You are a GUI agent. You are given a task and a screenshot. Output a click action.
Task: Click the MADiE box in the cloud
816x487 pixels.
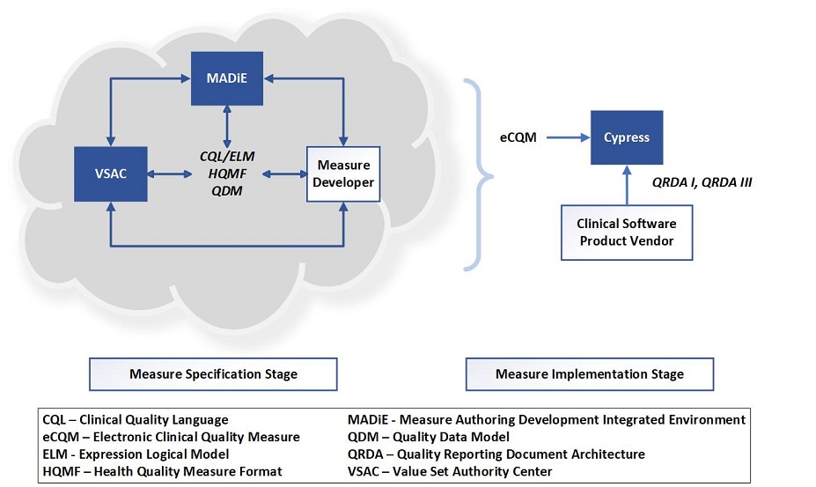click(x=227, y=77)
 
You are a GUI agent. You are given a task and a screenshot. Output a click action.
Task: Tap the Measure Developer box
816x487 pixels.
click(x=343, y=174)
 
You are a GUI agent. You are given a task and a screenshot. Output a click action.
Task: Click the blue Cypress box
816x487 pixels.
click(x=626, y=137)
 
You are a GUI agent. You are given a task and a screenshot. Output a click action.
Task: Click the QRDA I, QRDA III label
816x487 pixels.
click(x=701, y=181)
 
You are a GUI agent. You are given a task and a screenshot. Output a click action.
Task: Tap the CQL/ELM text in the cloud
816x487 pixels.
click(x=227, y=157)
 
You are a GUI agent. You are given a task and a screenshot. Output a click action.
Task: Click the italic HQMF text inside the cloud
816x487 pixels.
click(x=227, y=173)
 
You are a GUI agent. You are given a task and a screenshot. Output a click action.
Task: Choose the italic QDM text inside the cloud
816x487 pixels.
click(x=227, y=190)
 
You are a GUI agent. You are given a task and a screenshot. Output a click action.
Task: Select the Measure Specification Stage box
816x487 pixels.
click(x=213, y=373)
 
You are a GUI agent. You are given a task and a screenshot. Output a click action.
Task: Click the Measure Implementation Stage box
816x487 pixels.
click(x=589, y=373)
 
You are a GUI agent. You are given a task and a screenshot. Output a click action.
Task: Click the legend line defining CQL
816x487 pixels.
click(x=136, y=420)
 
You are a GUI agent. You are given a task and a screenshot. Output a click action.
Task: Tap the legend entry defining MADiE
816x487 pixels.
click(x=547, y=420)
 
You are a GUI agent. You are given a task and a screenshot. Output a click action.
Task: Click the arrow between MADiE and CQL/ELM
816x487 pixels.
click(x=227, y=125)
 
